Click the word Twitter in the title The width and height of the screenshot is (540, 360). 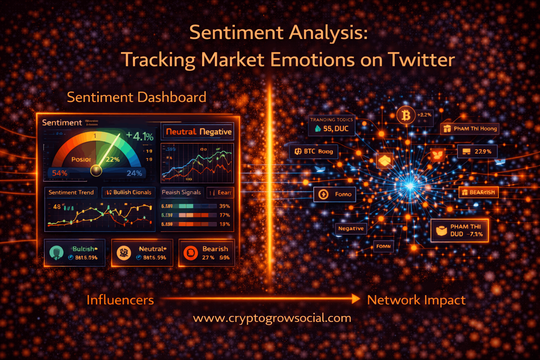[x=421, y=60]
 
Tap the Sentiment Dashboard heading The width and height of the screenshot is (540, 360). [x=136, y=97]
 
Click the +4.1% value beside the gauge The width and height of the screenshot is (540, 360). [x=140, y=136]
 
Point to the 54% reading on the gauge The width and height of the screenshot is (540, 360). [x=60, y=173]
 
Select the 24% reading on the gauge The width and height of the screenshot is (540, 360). [x=134, y=173]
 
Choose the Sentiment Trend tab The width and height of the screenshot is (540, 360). [x=71, y=192]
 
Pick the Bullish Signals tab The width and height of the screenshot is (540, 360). [x=129, y=192]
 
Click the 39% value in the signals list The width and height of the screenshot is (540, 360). [x=225, y=206]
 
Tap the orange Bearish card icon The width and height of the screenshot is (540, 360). [x=191, y=253]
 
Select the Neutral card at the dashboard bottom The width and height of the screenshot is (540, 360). [x=142, y=253]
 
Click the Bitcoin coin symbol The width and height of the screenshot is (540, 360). [x=406, y=115]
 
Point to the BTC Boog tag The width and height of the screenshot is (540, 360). [x=314, y=152]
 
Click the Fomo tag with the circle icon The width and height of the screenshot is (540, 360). [x=334, y=194]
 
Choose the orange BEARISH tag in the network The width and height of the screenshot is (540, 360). [x=478, y=192]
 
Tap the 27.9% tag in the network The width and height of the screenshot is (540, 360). [x=477, y=152]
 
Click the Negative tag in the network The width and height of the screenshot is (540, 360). [x=351, y=229]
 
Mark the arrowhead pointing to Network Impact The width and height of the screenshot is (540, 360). [x=355, y=299]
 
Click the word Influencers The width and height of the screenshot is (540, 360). [x=120, y=300]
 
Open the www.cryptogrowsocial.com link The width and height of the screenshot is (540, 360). [x=272, y=318]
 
